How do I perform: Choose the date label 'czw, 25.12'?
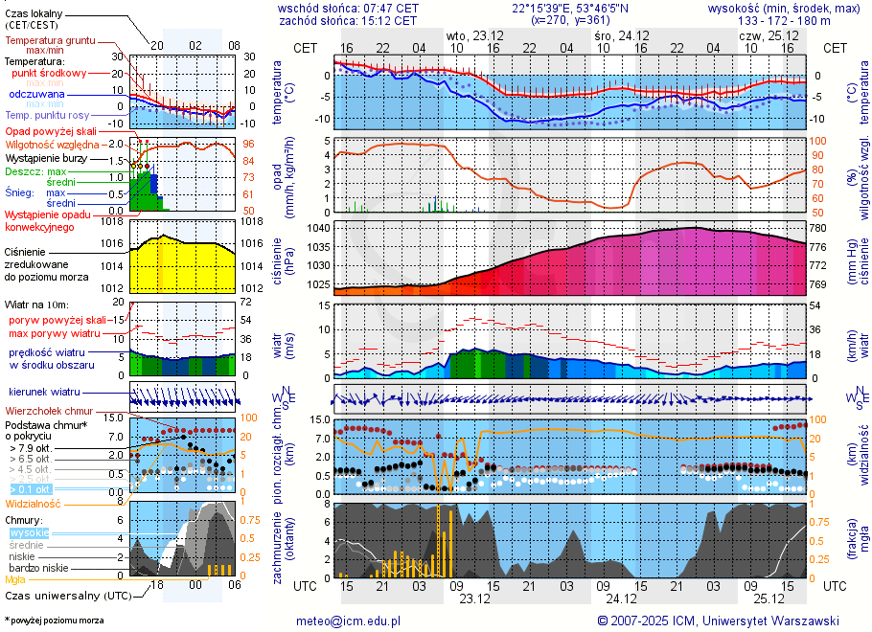click(765, 34)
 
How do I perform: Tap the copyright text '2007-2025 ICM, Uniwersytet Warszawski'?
click(725, 621)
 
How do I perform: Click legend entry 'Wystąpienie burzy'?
click(46, 157)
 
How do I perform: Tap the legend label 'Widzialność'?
click(34, 503)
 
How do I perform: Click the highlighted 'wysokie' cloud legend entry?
click(29, 532)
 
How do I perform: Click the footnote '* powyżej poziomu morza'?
click(55, 621)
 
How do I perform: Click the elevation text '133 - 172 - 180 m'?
click(785, 20)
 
